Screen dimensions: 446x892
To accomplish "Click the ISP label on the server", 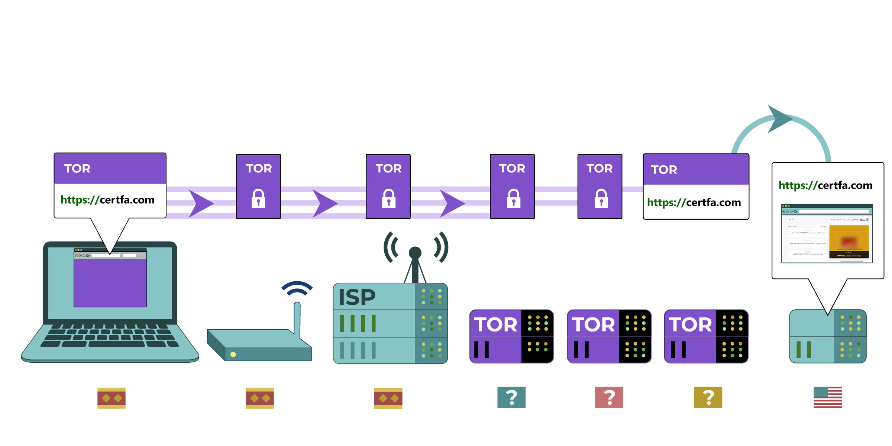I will click(x=357, y=297).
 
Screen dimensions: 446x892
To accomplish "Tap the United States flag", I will click(x=828, y=397).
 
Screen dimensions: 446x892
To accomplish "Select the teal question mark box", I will click(x=511, y=397).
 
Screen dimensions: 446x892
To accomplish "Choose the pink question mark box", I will click(x=609, y=397).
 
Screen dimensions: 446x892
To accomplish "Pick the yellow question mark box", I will click(x=708, y=397).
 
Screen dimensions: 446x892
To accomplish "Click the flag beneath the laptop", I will click(x=111, y=398).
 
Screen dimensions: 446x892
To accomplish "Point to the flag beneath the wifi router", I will click(x=260, y=398).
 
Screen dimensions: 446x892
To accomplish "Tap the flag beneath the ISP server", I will click(x=388, y=398).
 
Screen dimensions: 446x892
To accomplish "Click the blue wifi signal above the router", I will click(x=297, y=288).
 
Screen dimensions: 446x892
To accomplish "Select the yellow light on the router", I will click(x=233, y=354).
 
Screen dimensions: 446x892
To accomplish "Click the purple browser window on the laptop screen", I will click(x=110, y=282).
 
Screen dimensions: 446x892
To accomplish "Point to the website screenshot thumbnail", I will click(x=827, y=233).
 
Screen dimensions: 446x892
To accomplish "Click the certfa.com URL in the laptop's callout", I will click(x=107, y=200).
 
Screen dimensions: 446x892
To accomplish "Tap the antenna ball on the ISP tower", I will click(x=415, y=253).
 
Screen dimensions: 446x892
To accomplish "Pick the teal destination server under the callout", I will click(x=828, y=336).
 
